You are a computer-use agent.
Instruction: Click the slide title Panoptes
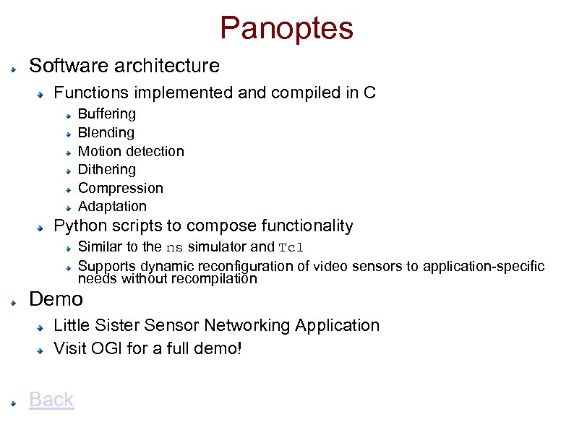[286, 28]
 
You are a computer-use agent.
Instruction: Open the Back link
[51, 399]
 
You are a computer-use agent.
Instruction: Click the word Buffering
[106, 113]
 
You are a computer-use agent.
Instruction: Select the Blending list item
[106, 132]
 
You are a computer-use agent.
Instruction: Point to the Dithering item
[106, 169]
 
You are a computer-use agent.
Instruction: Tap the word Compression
[120, 188]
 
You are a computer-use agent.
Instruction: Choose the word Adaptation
[111, 206]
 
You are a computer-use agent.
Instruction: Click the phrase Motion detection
[130, 151]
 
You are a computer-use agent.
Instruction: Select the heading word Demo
[56, 298]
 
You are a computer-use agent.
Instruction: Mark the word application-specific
[484, 266]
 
